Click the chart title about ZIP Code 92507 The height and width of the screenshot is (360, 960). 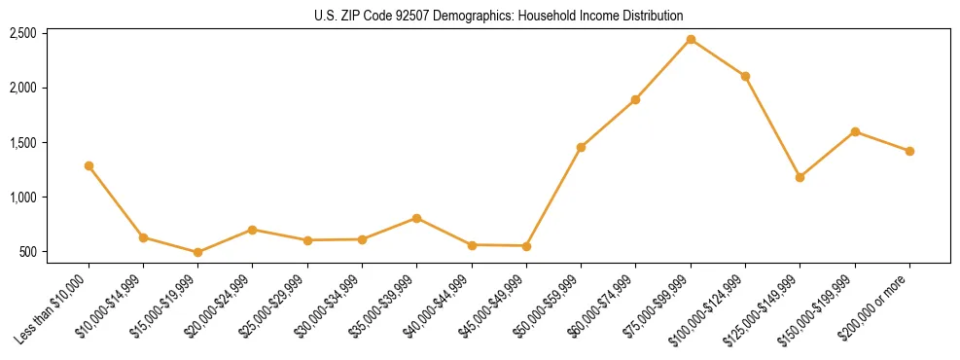point(499,16)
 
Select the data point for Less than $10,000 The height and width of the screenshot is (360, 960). point(89,166)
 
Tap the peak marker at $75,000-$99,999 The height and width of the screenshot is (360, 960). point(691,40)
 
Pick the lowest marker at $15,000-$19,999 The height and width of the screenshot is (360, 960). point(197,252)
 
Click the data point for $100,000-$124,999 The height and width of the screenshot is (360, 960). point(745,76)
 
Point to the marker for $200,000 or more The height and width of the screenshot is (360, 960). point(909,151)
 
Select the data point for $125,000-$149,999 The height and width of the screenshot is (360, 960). point(800,177)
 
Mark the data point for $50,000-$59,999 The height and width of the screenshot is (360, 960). point(581,147)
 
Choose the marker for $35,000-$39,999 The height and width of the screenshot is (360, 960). point(416,218)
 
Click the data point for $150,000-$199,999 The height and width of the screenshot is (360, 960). point(855,131)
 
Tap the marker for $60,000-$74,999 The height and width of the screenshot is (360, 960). point(635,99)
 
